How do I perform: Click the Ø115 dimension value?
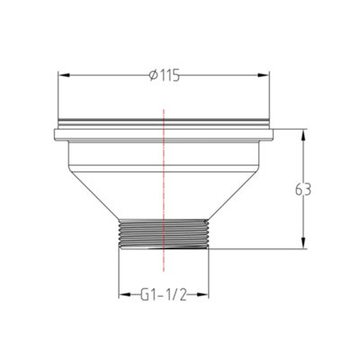[165, 75]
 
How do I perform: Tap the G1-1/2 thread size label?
[164, 294]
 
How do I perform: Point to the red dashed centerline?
[164, 180]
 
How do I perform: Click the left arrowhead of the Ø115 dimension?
[63, 75]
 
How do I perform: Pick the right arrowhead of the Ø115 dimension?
[265, 75]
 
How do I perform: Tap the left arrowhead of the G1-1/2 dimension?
[123, 295]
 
